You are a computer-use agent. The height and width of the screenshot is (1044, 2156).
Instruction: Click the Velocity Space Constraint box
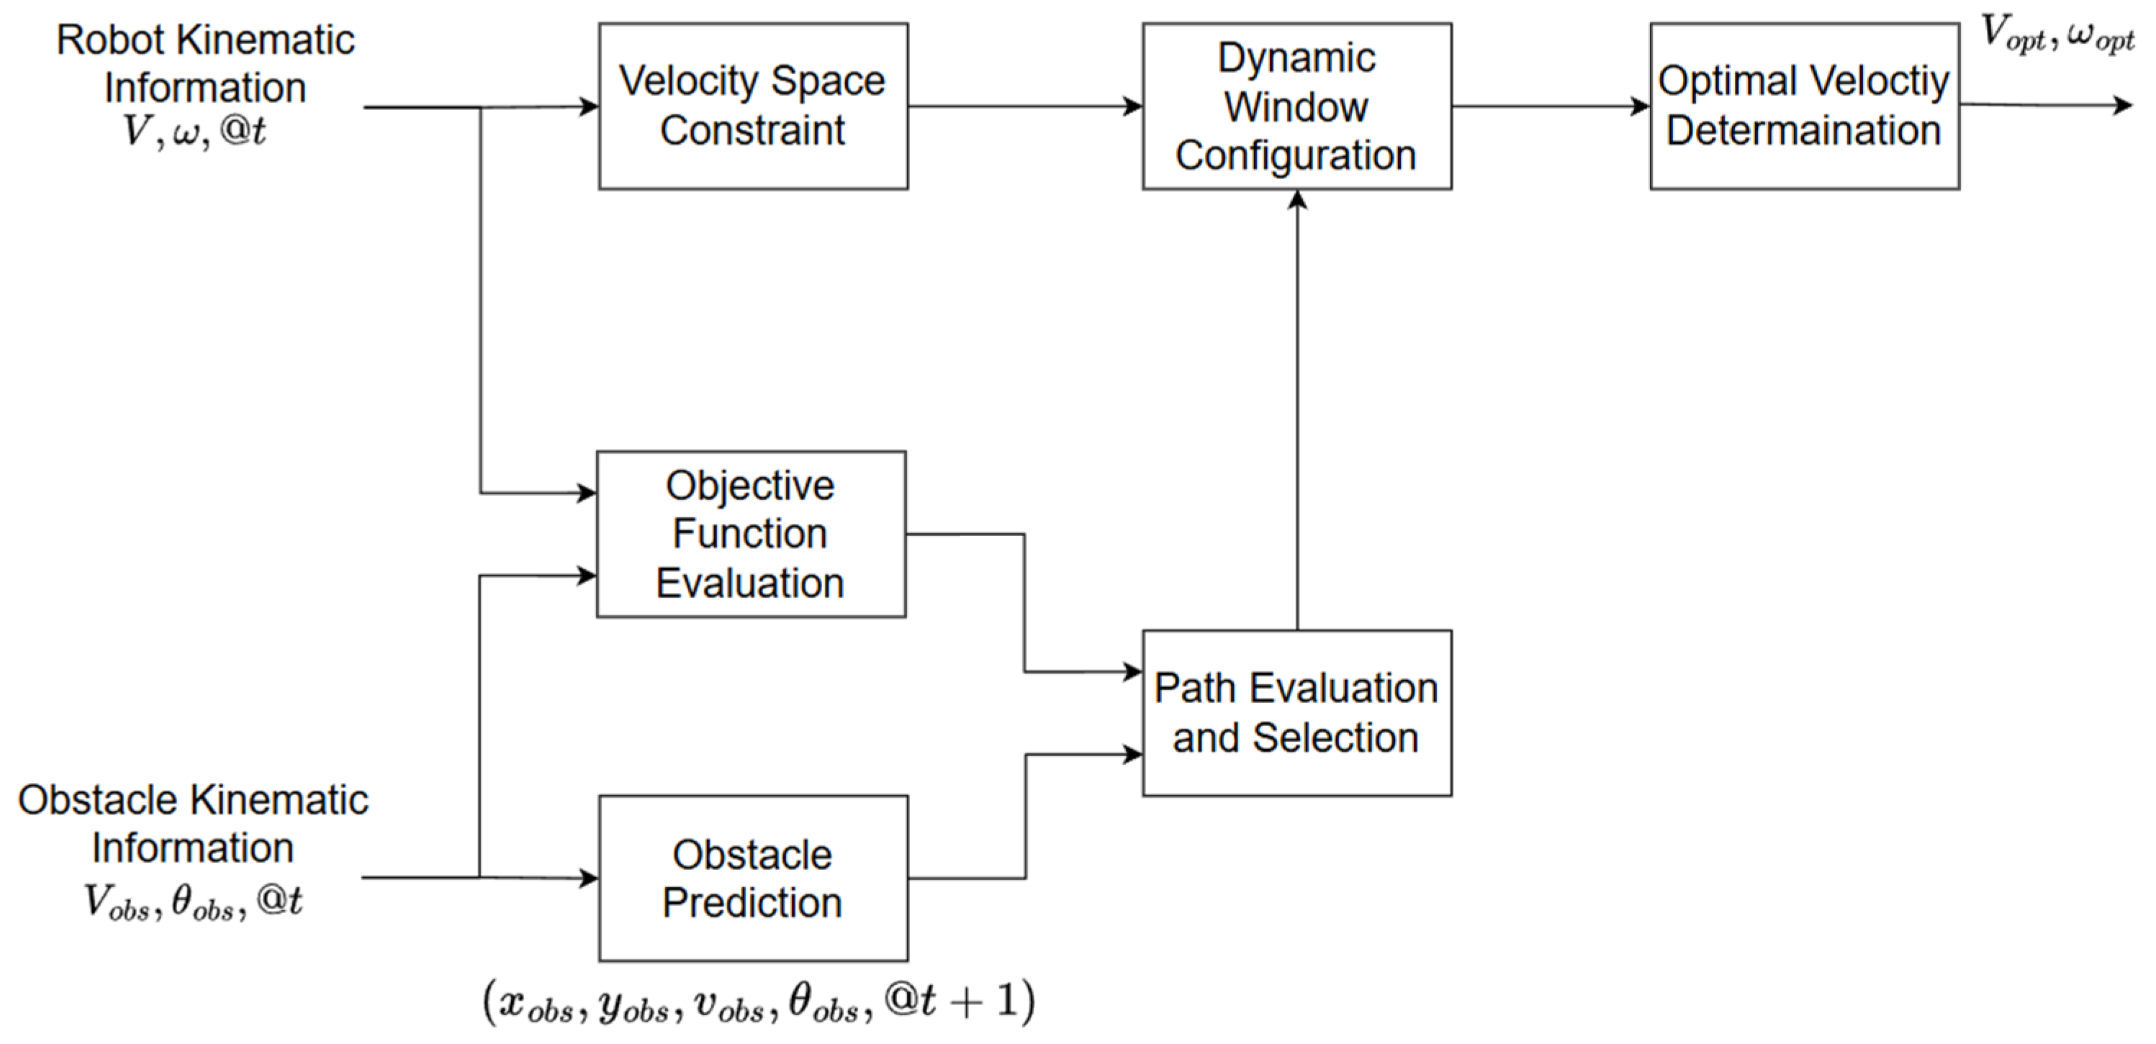(x=752, y=106)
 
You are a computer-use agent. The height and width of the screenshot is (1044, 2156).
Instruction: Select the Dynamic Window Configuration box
(x=1296, y=106)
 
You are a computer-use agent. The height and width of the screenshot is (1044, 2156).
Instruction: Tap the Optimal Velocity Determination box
(x=1804, y=106)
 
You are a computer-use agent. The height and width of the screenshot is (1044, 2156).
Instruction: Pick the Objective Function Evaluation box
(x=751, y=535)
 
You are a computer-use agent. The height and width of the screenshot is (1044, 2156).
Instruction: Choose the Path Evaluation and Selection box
(x=1296, y=713)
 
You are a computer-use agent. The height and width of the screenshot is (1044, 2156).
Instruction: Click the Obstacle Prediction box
(x=752, y=879)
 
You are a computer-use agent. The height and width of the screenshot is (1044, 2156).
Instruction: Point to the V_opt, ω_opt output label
(x=2057, y=35)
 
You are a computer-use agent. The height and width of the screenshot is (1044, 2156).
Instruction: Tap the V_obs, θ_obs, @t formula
(x=192, y=902)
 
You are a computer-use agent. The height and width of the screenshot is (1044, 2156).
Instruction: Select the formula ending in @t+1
(x=758, y=1001)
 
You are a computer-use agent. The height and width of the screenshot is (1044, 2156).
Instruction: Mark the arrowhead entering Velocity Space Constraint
(x=590, y=106)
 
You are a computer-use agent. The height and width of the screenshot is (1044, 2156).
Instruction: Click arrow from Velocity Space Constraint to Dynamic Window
(x=1025, y=106)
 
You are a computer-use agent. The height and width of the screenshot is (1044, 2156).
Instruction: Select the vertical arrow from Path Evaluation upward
(x=1296, y=410)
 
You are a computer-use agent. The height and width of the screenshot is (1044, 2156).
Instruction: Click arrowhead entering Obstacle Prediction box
(x=590, y=879)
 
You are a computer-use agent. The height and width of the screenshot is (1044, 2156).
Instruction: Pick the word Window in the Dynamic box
(x=1296, y=107)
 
